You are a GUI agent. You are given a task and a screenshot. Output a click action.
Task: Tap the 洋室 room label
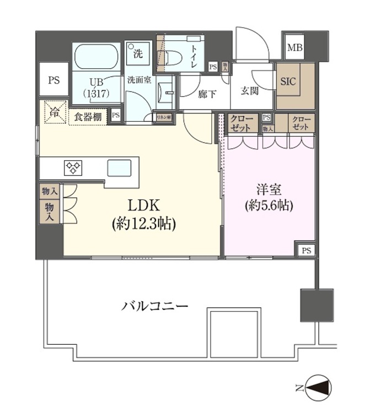pos(270,190)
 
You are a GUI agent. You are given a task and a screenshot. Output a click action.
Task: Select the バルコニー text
pos(155,306)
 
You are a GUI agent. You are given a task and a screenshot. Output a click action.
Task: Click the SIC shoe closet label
pos(288,81)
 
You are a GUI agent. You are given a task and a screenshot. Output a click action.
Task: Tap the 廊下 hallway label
pos(207,94)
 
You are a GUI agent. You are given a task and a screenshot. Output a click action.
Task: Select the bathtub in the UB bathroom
pos(97,57)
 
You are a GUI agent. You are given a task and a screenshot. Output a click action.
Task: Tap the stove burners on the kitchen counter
pos(73,167)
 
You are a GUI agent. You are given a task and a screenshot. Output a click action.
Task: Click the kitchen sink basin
pos(119,167)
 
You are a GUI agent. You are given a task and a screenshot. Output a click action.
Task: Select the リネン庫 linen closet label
pos(164,117)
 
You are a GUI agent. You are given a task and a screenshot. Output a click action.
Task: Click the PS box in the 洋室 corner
pos(306,250)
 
